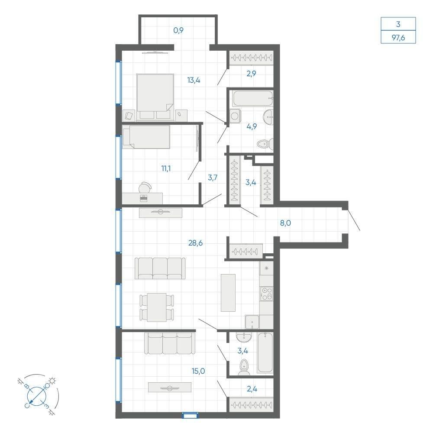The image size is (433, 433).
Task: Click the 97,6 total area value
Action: (x=398, y=37)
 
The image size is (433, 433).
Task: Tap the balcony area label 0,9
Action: (x=179, y=30)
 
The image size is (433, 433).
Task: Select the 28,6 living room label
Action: (x=196, y=243)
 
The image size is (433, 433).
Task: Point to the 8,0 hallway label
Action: (x=285, y=223)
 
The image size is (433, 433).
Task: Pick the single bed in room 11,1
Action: (x=146, y=137)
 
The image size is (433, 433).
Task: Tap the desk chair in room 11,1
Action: (x=145, y=188)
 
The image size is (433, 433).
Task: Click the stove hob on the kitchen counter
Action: (x=266, y=294)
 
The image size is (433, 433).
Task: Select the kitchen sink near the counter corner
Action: (x=252, y=322)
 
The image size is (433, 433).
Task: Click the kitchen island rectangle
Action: (x=228, y=293)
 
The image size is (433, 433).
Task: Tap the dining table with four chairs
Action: (x=157, y=307)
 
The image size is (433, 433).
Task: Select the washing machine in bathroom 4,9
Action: (x=235, y=116)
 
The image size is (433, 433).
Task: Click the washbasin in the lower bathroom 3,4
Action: (x=244, y=337)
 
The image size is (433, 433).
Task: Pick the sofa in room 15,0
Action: (x=170, y=343)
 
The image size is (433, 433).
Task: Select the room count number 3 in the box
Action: (x=398, y=24)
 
